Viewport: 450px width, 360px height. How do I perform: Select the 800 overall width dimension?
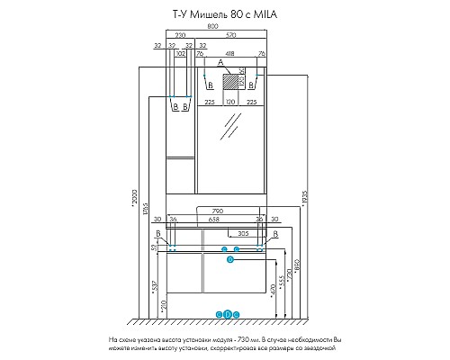(211, 28)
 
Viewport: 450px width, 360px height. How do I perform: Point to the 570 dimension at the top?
(232, 36)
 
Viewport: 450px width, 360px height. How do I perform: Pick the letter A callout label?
(220, 63)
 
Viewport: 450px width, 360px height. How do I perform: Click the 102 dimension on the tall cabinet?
(182, 55)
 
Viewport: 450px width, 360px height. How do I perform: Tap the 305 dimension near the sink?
(243, 233)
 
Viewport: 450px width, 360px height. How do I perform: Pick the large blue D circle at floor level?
(228, 314)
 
